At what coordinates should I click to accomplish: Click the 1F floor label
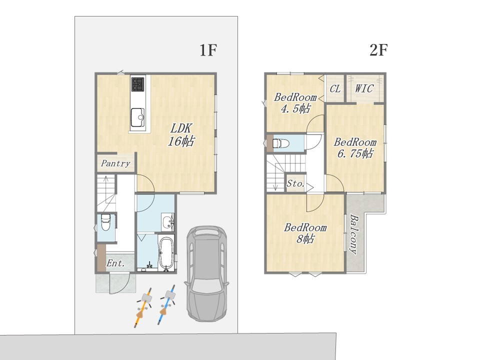point(208,50)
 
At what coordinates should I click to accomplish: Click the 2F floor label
point(378,50)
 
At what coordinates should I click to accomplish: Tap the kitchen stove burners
point(138,84)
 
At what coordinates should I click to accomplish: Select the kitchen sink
point(138,117)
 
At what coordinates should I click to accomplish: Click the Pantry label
point(115,163)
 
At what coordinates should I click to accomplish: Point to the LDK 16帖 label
point(181,134)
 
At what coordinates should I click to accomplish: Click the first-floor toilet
point(105,222)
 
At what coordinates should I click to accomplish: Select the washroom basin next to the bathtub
point(167,221)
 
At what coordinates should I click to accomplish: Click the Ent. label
point(115,263)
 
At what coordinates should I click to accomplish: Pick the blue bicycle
point(167,304)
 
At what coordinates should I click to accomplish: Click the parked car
point(206,273)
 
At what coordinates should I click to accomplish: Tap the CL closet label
point(335,89)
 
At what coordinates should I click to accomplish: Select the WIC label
point(364,89)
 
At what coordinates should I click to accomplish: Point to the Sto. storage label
point(295,183)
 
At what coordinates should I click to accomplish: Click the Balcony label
point(353,234)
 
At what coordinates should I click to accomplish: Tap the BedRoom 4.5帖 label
point(295,103)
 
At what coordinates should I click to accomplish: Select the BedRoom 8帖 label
point(305,233)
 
